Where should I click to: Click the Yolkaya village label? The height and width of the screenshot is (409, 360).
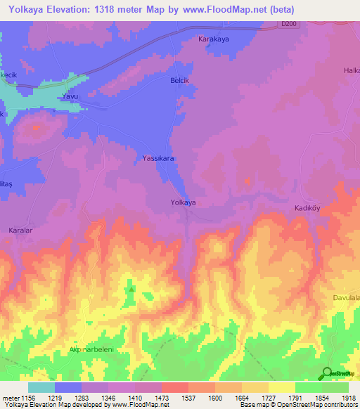[183, 202]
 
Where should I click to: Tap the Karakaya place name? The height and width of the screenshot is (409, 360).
[214, 40]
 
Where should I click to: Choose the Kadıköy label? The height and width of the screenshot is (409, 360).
[307, 209]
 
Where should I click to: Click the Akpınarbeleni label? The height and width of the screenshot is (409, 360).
[92, 349]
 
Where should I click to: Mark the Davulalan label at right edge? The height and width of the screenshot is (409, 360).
[346, 298]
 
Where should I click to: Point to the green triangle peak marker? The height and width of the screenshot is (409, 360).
[131, 288]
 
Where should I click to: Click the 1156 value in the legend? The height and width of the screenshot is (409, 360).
[28, 398]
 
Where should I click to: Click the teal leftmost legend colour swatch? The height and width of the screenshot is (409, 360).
[41, 387]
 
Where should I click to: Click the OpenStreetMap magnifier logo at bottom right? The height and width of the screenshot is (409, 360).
[327, 374]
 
